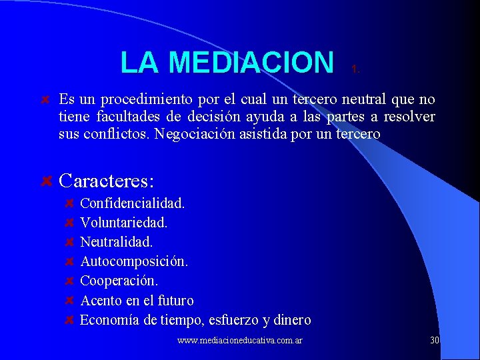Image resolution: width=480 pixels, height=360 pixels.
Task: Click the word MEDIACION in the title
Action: click(251, 63)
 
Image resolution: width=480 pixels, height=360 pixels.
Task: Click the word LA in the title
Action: click(139, 63)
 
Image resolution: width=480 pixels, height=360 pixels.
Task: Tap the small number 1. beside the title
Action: click(356, 69)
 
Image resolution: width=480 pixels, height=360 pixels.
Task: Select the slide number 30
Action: click(435, 340)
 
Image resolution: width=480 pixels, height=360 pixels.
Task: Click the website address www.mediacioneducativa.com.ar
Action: click(240, 341)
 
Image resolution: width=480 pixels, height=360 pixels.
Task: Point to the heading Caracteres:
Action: click(107, 181)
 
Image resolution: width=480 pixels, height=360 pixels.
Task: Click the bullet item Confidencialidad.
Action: click(132, 203)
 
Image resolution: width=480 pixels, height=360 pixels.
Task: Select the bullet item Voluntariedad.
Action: click(123, 222)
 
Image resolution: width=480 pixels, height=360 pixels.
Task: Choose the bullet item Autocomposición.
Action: click(134, 261)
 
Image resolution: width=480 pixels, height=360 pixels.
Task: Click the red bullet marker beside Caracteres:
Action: click(47, 181)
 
